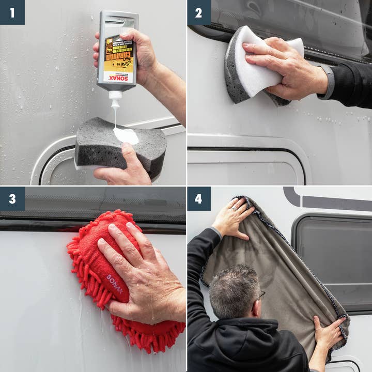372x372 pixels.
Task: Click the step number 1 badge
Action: click(12, 12)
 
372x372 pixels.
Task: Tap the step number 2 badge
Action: click(199, 12)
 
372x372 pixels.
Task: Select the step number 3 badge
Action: click(12, 198)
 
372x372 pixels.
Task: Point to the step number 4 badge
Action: click(199, 198)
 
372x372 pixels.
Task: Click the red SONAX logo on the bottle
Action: click(118, 77)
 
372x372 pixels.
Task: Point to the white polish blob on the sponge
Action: click(126, 135)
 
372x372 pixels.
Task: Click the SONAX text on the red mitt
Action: click(114, 284)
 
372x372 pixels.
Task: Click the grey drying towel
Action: click(274, 258)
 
